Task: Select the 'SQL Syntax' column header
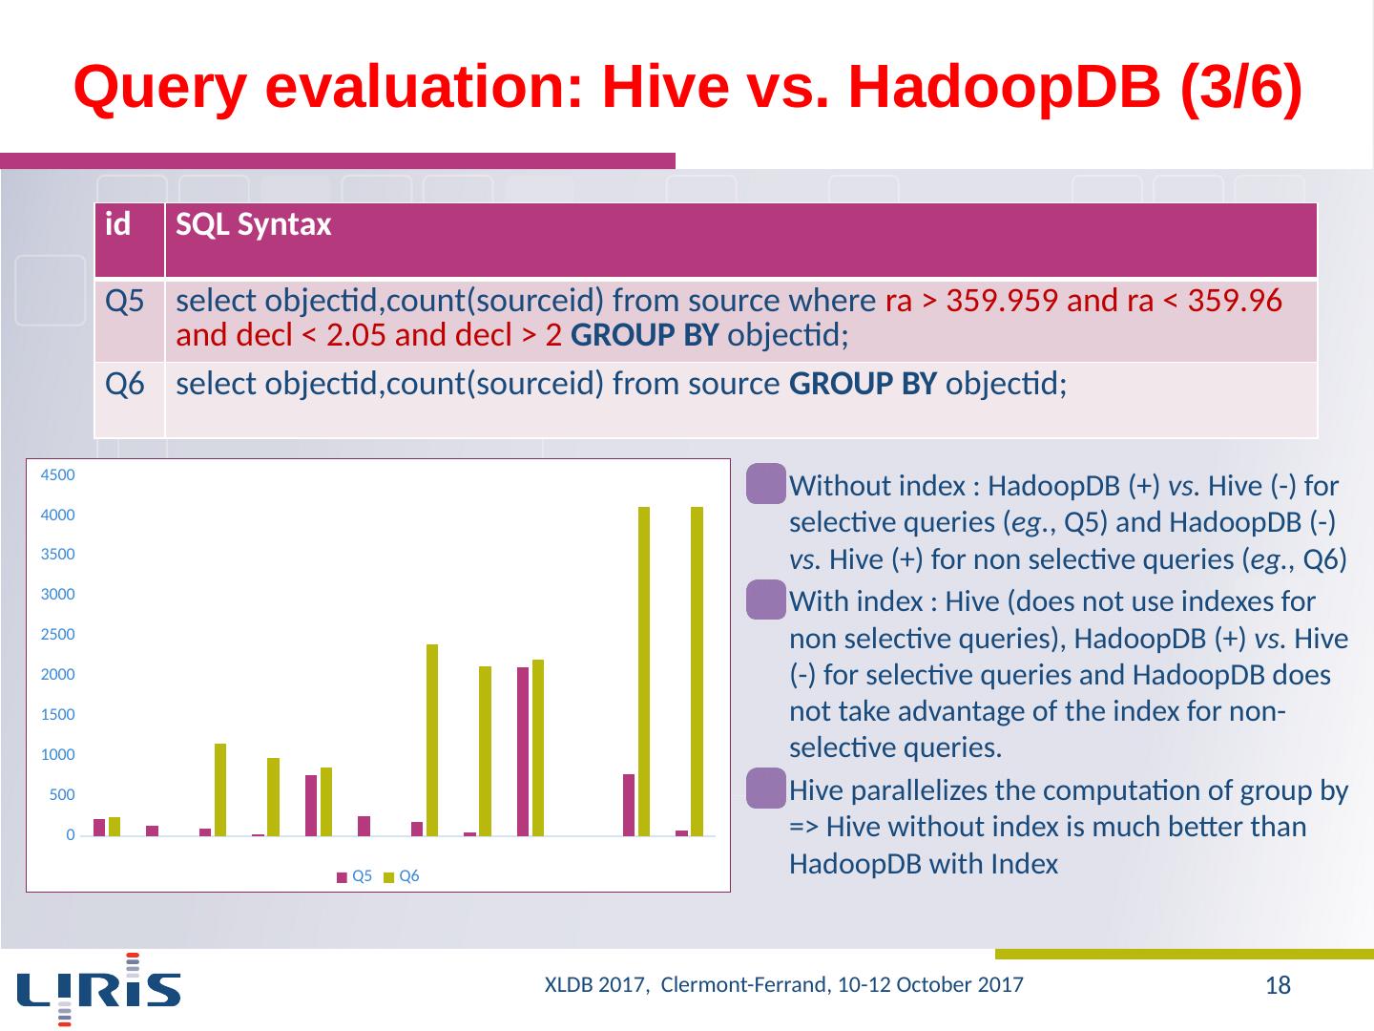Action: (254, 225)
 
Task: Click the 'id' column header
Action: (118, 225)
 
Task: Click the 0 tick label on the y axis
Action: (70, 836)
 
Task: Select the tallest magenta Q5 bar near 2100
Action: (523, 751)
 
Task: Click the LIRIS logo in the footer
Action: (99, 989)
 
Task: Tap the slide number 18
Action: (1278, 986)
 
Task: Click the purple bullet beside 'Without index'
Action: (766, 482)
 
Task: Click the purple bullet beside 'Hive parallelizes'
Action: (766, 787)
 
